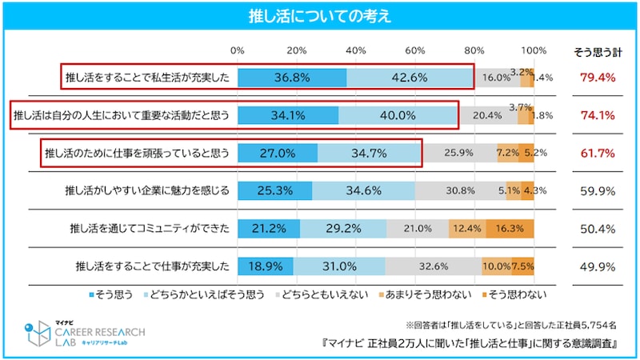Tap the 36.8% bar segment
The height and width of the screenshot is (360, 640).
click(292, 78)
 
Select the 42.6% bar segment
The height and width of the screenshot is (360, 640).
click(410, 78)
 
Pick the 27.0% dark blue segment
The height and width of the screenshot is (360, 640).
click(278, 153)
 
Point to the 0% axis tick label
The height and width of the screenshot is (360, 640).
click(238, 51)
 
